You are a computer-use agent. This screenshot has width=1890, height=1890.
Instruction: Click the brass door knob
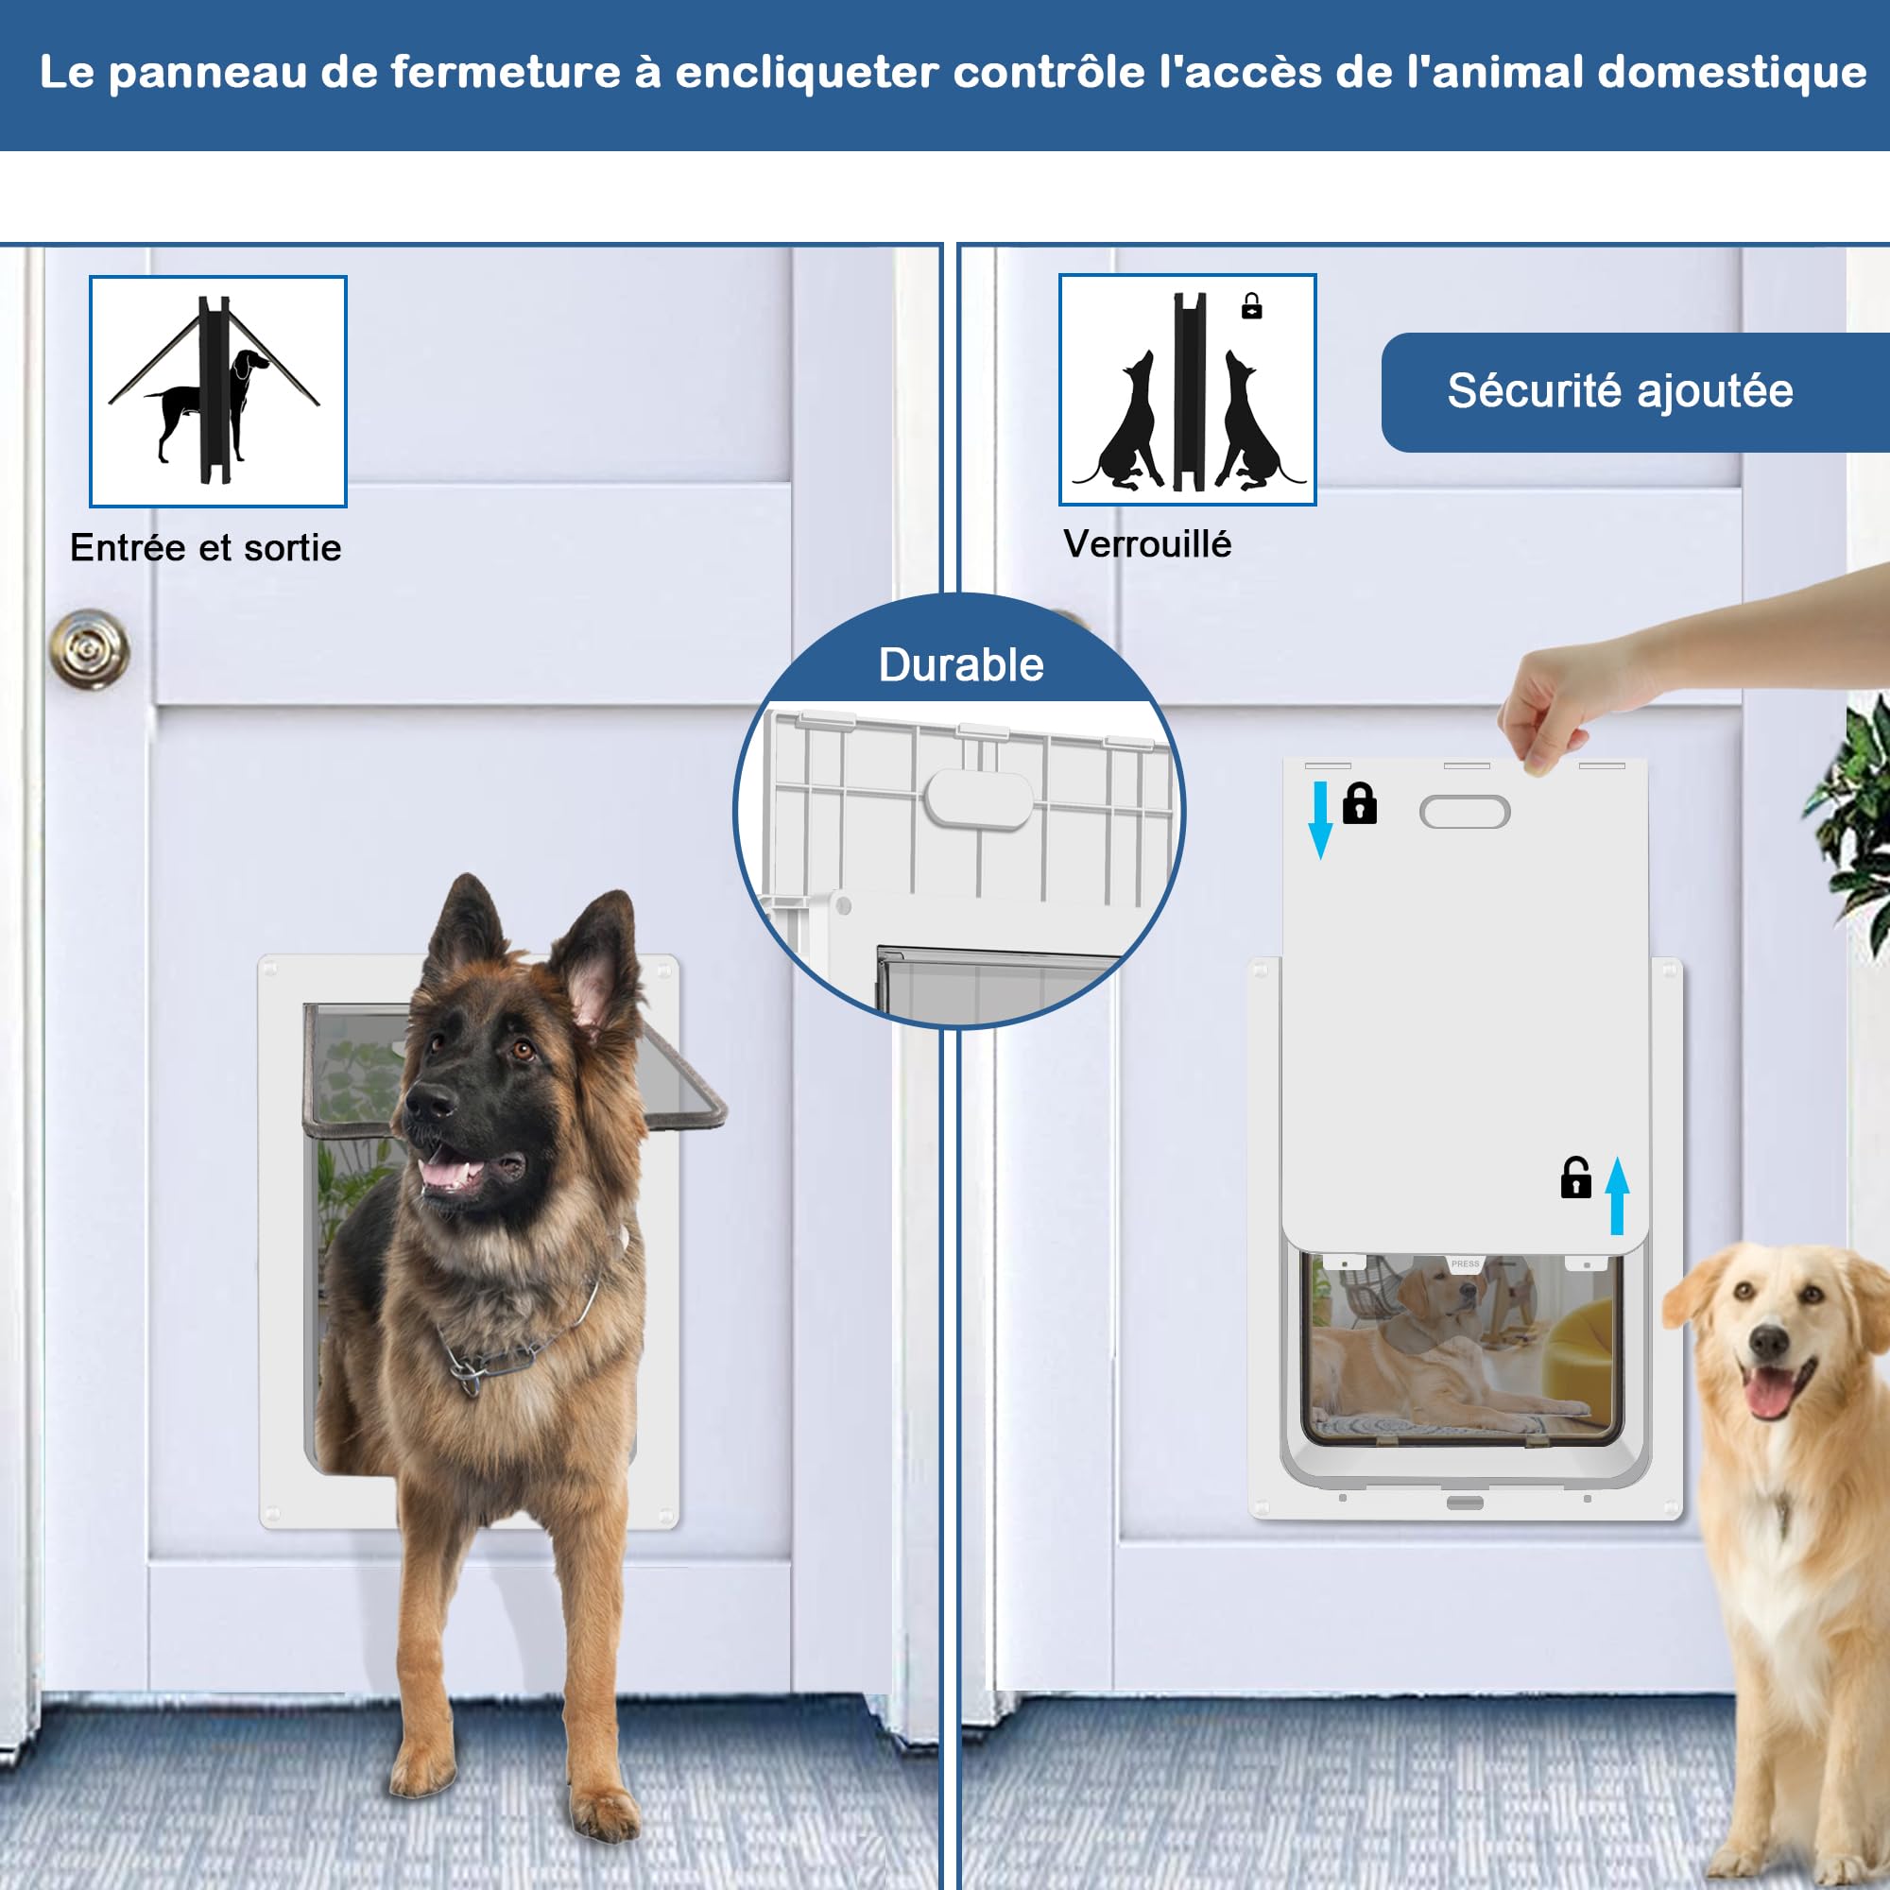[x=89, y=648]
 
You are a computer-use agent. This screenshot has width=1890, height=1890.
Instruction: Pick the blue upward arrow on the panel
[x=1617, y=1194]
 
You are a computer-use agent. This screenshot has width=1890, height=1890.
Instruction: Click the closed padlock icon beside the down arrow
[x=1360, y=803]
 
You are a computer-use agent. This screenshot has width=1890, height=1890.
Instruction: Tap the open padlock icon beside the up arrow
[x=1575, y=1177]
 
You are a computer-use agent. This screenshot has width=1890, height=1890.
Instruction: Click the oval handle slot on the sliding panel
[x=1465, y=811]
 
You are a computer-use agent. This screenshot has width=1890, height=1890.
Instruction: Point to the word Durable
[x=961, y=665]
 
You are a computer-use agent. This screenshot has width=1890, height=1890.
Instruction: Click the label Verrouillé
[x=1146, y=544]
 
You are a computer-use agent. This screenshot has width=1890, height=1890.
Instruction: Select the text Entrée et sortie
[x=205, y=548]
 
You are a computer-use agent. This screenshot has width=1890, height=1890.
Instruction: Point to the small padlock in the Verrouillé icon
[x=1251, y=306]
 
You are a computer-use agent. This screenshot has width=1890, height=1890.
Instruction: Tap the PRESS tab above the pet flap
[x=1465, y=1263]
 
